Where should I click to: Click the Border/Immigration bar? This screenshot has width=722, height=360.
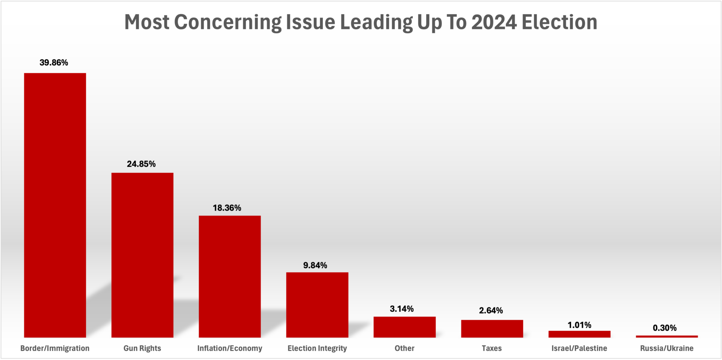(55, 205)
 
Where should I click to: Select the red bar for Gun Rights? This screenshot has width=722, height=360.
(142, 255)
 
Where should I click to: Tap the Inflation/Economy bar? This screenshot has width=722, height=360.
(230, 276)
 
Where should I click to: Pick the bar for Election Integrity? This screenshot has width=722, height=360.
(317, 305)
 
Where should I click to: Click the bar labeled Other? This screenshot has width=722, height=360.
(404, 327)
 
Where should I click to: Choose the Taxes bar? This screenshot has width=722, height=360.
(492, 328)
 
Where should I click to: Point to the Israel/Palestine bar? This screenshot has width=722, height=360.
(579, 334)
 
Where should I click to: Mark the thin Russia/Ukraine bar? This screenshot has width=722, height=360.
(667, 336)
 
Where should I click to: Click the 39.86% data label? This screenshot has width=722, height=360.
(54, 63)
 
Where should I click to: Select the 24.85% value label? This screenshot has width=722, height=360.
(141, 164)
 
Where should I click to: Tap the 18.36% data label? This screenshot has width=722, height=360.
(227, 208)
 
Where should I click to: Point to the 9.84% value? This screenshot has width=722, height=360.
(315, 266)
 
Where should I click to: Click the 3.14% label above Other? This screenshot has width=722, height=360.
(402, 309)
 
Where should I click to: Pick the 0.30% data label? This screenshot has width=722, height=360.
(665, 328)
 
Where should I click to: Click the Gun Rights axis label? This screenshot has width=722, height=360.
(142, 348)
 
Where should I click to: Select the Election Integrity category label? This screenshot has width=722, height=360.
(317, 348)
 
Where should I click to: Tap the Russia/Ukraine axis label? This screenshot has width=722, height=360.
(667, 348)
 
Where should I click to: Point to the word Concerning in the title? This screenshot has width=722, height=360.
(227, 22)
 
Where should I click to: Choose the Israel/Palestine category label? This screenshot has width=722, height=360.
(579, 348)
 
